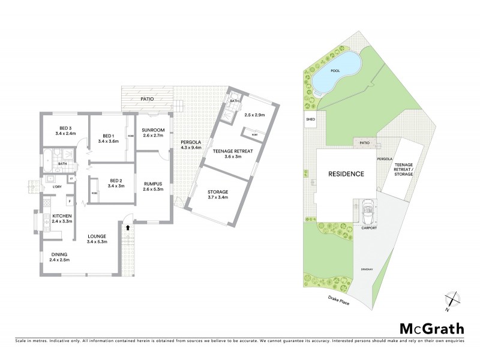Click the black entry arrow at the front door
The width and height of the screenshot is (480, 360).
click(127, 228)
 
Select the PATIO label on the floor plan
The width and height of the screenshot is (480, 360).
click(148, 98)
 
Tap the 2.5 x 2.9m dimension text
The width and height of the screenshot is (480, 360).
click(254, 114)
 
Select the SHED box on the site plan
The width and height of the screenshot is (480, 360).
click(310, 119)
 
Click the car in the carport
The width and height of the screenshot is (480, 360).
click(367, 210)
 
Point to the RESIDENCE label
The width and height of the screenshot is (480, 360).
click(346, 174)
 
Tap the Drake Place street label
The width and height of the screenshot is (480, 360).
click(338, 300)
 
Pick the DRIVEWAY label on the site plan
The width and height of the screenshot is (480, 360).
click(367, 269)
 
